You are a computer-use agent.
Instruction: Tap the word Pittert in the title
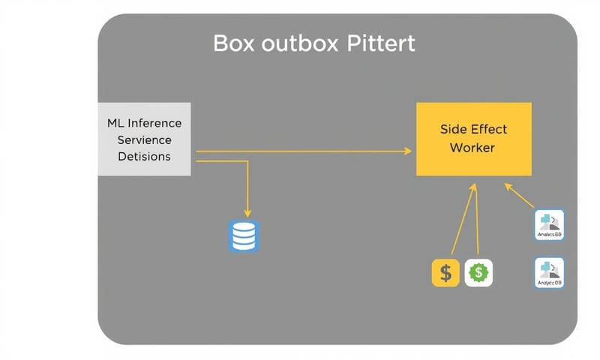pyautogui.click(x=381, y=44)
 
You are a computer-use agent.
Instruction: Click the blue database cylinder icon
pyautogui.click(x=242, y=235)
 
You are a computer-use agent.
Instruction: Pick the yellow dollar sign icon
pyautogui.click(x=445, y=273)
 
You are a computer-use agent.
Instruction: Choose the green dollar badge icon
pyautogui.click(x=478, y=273)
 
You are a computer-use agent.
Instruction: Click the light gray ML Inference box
pyautogui.click(x=145, y=139)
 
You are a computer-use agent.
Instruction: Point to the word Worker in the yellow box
pyautogui.click(x=472, y=148)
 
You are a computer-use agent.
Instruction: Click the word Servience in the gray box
pyautogui.click(x=145, y=139)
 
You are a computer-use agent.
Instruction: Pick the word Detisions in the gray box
pyautogui.click(x=145, y=157)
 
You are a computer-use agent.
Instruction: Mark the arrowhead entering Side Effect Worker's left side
pyautogui.click(x=409, y=151)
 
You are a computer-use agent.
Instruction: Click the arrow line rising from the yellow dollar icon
pyautogui.click(x=462, y=221)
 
